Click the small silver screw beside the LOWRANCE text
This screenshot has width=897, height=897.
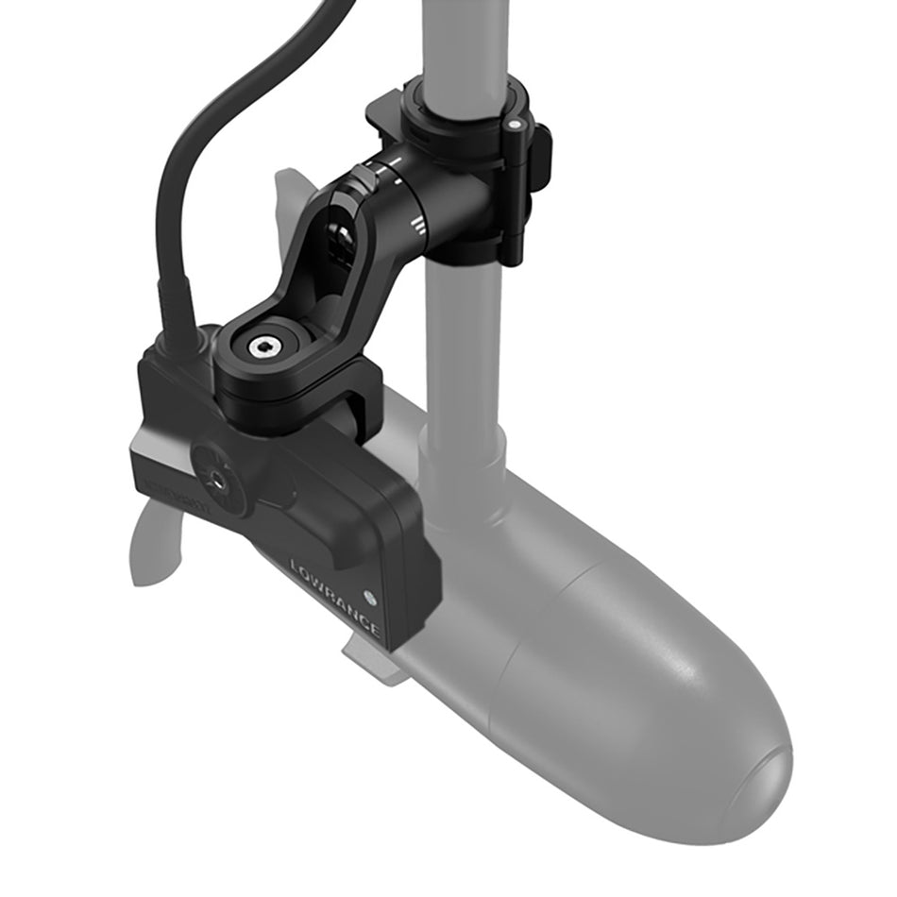pos(371,597)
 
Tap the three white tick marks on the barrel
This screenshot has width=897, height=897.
pos(418,223)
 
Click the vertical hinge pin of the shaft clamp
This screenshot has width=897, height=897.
pos(515,189)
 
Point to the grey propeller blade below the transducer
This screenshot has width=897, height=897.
pos(156,548)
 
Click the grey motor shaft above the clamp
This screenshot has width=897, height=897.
pos(463,38)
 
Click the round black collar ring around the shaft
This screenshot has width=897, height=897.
pos(463,104)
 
